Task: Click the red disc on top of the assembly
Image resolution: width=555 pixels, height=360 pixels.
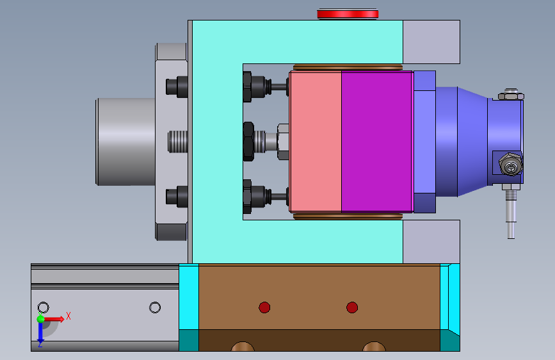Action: coord(348,14)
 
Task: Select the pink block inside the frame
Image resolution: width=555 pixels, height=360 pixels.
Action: coord(316,142)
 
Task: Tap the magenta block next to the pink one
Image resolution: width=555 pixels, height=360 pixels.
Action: coord(376,142)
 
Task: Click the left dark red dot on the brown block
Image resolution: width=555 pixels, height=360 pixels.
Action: coord(264,307)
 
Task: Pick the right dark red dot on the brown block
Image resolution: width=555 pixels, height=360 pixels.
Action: coord(352,307)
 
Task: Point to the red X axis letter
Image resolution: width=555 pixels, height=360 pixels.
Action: coord(68,316)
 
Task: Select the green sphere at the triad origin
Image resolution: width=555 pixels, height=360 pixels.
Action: coord(41,319)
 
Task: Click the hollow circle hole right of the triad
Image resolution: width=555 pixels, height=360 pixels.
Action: coord(155,307)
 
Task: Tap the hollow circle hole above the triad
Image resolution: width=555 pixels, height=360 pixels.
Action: coord(43,307)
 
